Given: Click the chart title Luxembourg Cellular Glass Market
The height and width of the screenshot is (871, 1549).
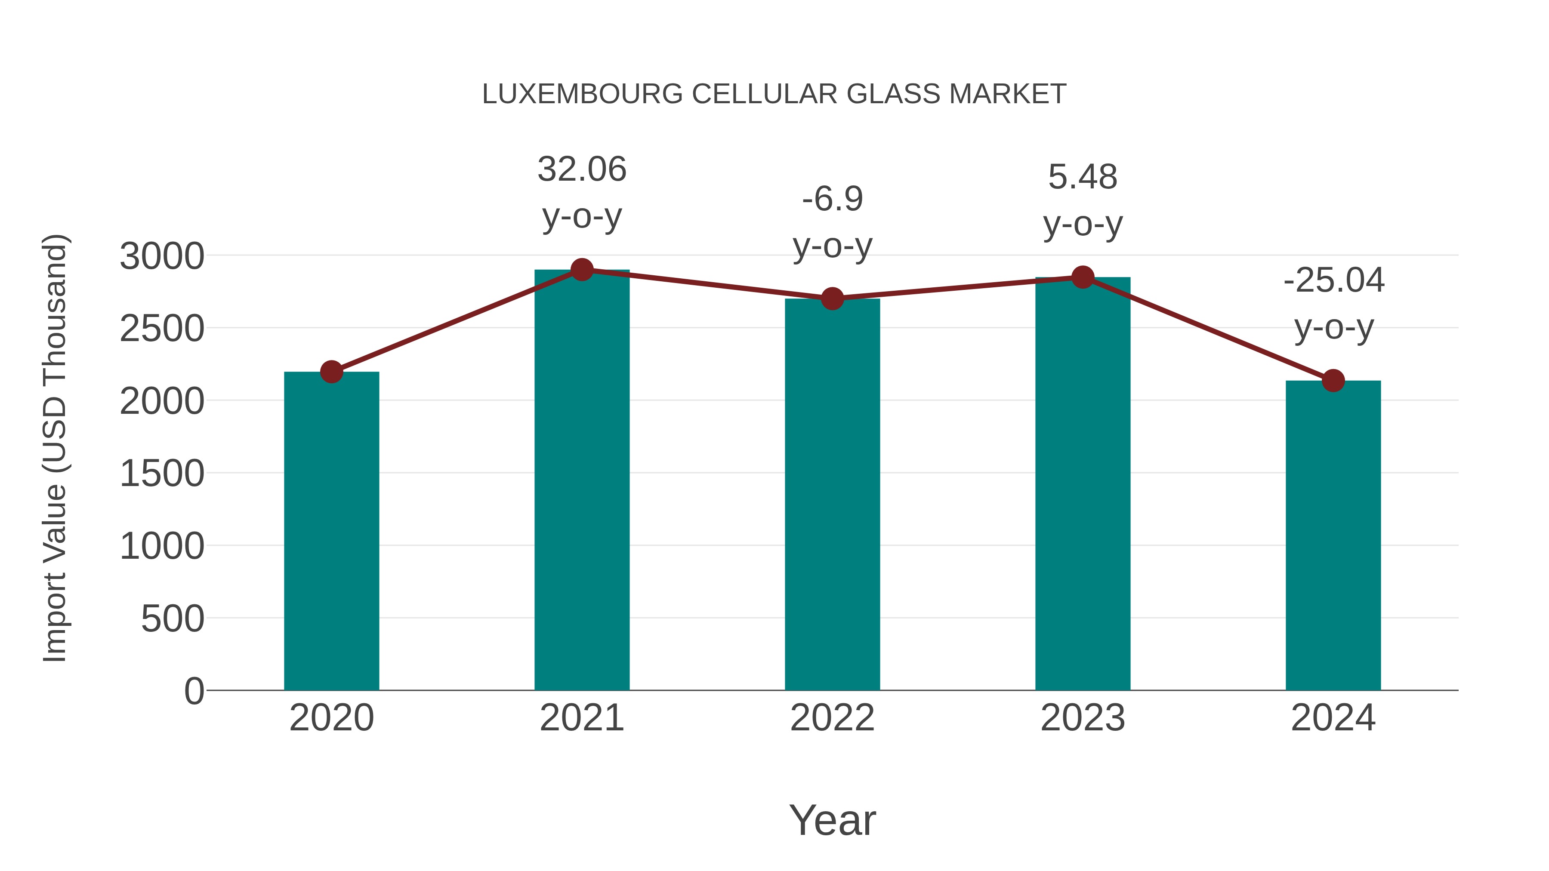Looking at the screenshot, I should tap(774, 94).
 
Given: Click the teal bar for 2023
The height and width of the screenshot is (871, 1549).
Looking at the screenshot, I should tap(1083, 483).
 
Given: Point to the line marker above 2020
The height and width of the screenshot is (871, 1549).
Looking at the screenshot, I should tap(331, 372).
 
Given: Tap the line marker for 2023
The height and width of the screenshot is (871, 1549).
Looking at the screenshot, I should tap(1083, 277).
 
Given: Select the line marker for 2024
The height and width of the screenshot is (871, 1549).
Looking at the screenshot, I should tap(1333, 381).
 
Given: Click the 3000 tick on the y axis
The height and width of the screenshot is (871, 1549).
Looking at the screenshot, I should tap(162, 256).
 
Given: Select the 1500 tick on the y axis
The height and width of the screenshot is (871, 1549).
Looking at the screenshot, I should tap(162, 474).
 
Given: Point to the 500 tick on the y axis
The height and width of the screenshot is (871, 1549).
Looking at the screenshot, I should tap(172, 619).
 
